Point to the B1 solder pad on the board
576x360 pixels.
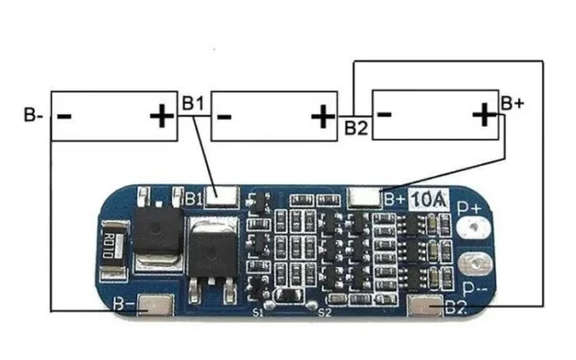(224, 196)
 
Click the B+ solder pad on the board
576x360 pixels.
(366, 197)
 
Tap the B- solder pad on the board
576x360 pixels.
(156, 306)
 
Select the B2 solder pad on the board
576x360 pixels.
(425, 307)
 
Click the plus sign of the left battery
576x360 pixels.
(161, 116)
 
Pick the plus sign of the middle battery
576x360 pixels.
(322, 116)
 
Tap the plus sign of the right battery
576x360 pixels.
(483, 116)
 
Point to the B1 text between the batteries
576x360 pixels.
(193, 102)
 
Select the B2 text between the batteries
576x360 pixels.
(356, 127)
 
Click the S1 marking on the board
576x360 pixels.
(257, 313)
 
